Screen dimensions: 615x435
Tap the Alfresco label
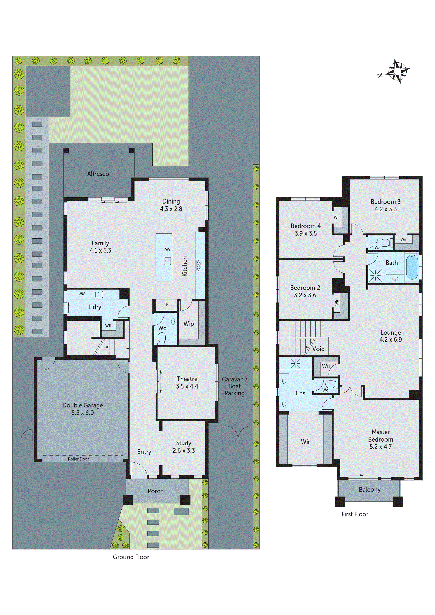click(x=98, y=174)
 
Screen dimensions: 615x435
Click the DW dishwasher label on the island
click(x=167, y=250)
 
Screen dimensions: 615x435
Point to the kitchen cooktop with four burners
click(x=200, y=265)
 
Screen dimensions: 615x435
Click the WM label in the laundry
click(x=82, y=294)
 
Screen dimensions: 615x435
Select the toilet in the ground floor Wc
click(x=162, y=338)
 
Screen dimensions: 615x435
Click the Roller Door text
click(x=78, y=459)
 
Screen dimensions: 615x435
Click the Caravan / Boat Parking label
click(x=235, y=386)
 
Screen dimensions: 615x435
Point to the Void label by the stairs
click(x=318, y=349)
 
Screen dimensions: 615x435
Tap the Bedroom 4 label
click(x=306, y=226)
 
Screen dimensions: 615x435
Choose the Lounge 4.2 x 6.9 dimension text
click(x=390, y=340)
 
